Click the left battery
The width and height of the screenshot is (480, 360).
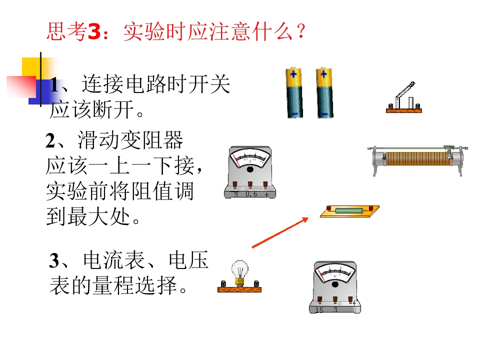tap(294, 93)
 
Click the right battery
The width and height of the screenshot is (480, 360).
tap(324, 93)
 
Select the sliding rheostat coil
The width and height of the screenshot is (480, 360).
tap(417, 158)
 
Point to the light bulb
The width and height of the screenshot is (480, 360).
tap(239, 273)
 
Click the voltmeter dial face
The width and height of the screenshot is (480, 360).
tap(335, 273)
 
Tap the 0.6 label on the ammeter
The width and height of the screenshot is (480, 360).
tap(251, 194)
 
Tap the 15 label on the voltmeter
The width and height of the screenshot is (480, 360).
tap(319, 310)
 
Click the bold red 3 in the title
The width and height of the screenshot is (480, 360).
tap(94, 31)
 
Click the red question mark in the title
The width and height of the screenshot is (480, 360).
tap(301, 31)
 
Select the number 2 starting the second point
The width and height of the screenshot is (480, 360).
tap(50, 141)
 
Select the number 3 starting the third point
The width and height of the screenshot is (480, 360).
tap(54, 260)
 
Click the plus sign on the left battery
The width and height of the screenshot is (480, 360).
tap(293, 74)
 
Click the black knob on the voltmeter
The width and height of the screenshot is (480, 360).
tap(335, 284)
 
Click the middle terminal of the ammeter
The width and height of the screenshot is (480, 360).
tap(250, 184)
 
